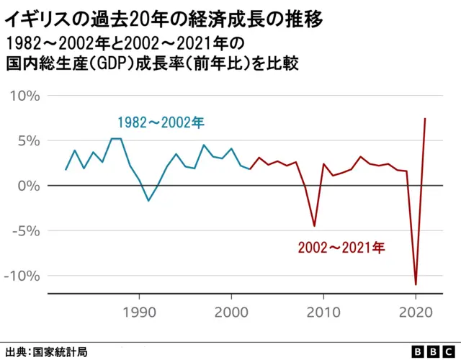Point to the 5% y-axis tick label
[x=30, y=141]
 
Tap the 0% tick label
[x=30, y=186]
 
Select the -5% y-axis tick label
[x=27, y=231]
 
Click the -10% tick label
[x=24, y=276]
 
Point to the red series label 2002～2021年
[x=342, y=248]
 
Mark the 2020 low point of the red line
[x=416, y=284]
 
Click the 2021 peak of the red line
[x=425, y=119]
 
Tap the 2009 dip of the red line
[x=314, y=226]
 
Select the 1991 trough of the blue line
[x=148, y=200]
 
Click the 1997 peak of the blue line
[x=203, y=145]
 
